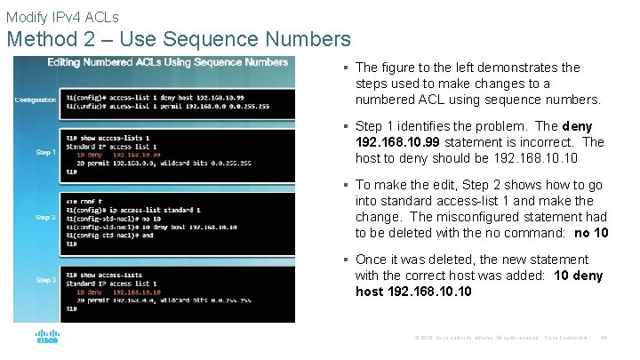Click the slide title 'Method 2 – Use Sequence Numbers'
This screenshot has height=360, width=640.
[x=179, y=39]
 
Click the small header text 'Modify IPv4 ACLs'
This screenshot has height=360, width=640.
[x=62, y=16]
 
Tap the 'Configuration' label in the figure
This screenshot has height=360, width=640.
[x=36, y=100]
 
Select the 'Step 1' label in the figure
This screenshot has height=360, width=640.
[x=45, y=152]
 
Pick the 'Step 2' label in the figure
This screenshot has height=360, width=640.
[x=45, y=217]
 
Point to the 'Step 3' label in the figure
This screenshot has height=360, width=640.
[x=45, y=280]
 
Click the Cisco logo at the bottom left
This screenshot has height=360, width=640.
[x=47, y=338]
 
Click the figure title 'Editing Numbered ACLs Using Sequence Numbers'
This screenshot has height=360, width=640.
[x=168, y=62]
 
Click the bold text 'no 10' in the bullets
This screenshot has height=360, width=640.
[x=591, y=233]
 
